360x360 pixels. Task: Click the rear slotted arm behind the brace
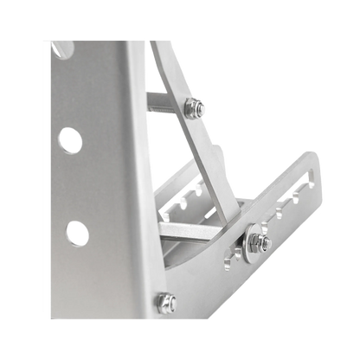(177, 186)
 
